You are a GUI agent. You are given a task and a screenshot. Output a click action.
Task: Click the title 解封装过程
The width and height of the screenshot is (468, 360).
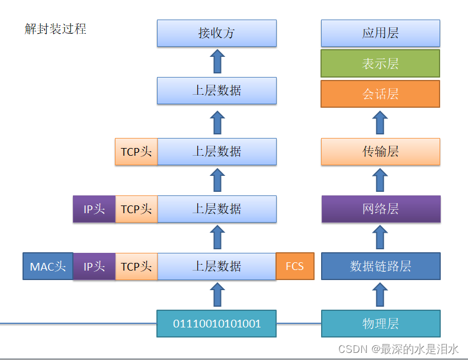tap(56, 29)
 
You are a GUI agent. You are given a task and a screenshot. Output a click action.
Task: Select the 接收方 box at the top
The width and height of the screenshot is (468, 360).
tap(217, 33)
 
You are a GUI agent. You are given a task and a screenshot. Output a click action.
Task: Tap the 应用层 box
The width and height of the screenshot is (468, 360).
tap(380, 33)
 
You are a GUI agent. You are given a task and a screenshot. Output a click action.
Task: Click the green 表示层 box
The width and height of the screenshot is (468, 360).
tap(380, 63)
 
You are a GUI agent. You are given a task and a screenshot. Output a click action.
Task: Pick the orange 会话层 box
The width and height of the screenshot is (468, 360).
tap(380, 94)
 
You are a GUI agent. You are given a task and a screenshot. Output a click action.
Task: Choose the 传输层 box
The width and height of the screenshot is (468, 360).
tap(380, 152)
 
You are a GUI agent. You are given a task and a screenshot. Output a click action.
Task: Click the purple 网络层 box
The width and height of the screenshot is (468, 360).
tap(380, 209)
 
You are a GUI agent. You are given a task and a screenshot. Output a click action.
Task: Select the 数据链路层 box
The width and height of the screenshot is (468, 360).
tap(380, 266)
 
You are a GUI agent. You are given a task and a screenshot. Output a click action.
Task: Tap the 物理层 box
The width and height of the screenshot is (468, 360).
tap(380, 323)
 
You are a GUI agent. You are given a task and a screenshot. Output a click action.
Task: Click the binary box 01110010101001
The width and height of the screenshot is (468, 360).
tap(217, 323)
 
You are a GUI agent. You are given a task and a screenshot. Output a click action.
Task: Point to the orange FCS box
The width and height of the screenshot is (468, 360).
tap(295, 266)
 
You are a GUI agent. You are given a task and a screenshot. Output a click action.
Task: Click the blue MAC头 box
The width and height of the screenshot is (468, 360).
tap(48, 266)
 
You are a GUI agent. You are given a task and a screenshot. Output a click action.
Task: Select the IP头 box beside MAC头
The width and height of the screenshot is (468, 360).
tap(94, 266)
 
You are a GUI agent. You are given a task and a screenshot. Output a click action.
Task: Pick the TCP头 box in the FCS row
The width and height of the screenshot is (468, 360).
tap(136, 266)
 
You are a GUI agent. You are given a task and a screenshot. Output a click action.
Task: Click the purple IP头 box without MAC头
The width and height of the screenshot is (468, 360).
tap(94, 209)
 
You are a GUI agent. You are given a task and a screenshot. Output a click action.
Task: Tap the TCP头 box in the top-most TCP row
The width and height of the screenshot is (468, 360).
tap(136, 152)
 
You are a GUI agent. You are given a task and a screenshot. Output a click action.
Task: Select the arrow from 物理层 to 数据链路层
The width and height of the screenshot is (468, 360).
tap(380, 295)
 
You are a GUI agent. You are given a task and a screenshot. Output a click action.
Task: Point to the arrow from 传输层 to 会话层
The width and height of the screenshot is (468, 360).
tap(380, 123)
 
